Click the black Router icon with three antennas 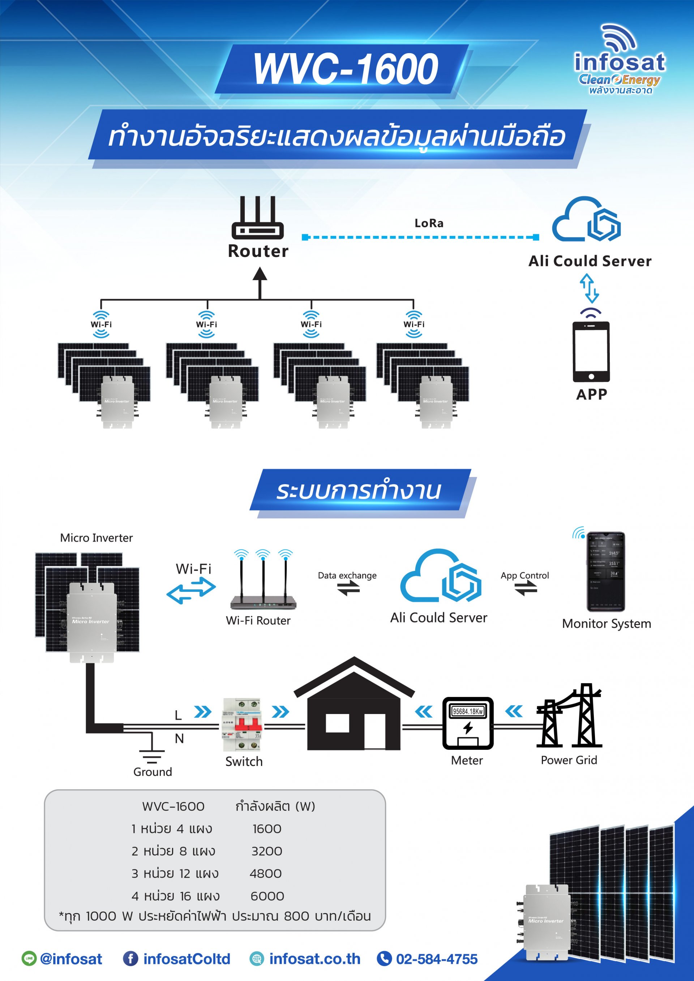258,218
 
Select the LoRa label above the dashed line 429,223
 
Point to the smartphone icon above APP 591,352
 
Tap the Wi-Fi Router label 258,620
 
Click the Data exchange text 347,576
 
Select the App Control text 525,576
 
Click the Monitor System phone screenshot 605,571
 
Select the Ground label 153,772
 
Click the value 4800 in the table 266,873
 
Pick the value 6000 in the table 267,896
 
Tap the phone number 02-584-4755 436,959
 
